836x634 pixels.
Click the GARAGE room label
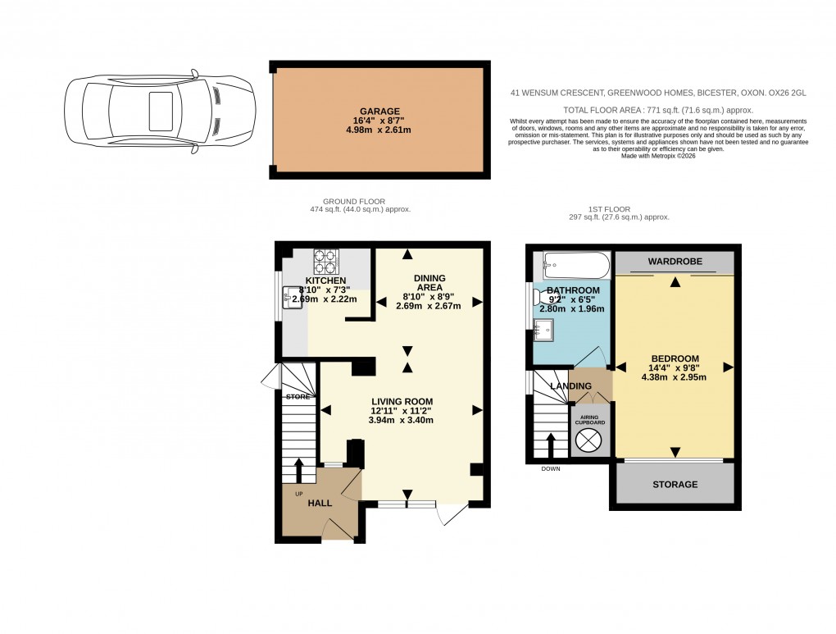pos(379,111)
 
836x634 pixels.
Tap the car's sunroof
pos(159,110)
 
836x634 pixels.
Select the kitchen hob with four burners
pos(324,261)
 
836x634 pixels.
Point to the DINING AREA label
pos(429,283)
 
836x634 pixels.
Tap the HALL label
pos(320,503)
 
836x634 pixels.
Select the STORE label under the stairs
pos(298,397)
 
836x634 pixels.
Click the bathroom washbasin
pos(543,330)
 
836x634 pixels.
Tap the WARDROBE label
pos(675,262)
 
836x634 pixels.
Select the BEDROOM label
pos(675,358)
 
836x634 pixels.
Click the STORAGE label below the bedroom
pos(675,485)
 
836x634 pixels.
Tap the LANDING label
pos(570,385)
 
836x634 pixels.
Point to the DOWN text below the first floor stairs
pos(551,469)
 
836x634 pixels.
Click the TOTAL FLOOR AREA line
pos(657,110)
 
